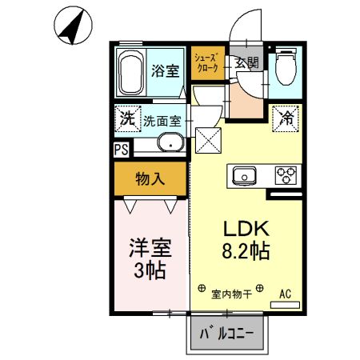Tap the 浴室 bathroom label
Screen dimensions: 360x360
click(166, 70)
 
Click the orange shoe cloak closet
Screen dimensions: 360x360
click(207, 63)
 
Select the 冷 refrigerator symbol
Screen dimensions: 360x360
click(285, 118)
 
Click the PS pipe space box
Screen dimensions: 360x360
click(120, 148)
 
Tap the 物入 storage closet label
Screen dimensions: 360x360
click(150, 178)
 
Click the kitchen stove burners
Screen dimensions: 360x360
click(285, 174)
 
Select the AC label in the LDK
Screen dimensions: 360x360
click(285, 294)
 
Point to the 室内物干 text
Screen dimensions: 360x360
click(231, 294)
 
